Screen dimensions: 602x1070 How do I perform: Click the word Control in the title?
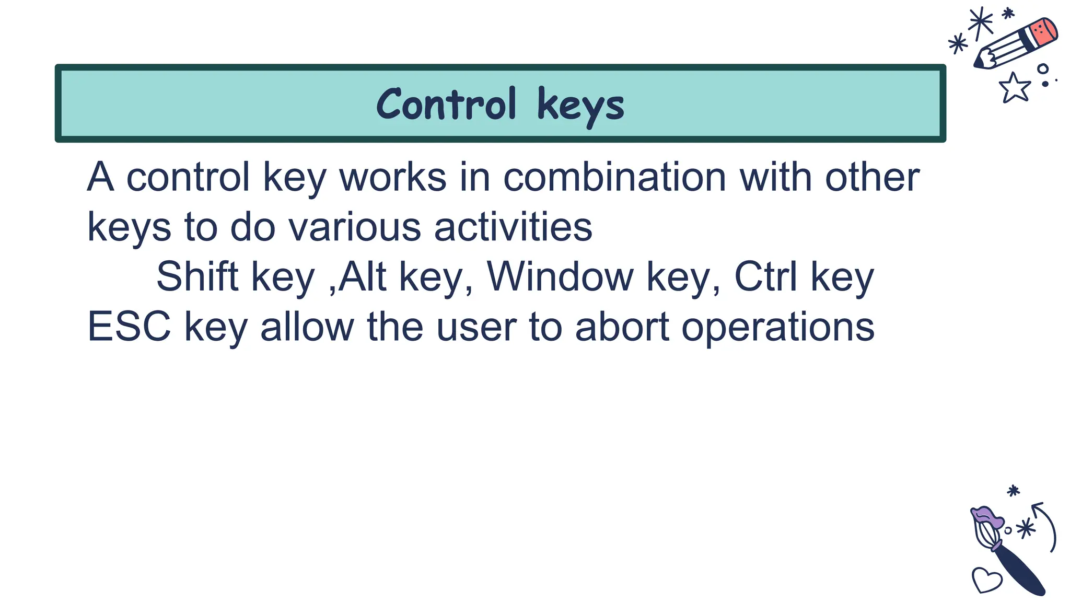click(446, 105)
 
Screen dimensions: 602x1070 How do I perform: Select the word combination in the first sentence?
click(614, 177)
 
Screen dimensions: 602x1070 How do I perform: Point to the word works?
click(393, 177)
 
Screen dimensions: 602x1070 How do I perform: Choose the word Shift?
click(197, 276)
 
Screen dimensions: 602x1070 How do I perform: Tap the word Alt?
click(363, 276)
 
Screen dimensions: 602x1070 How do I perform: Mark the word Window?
click(560, 276)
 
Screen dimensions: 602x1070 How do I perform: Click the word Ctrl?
click(766, 276)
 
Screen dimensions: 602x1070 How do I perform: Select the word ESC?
click(129, 327)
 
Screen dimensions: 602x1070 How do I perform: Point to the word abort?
click(622, 327)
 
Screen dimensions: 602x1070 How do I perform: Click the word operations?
click(778, 327)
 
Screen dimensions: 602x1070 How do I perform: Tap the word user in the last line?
click(476, 327)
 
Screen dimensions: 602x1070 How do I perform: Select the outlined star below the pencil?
click(1014, 87)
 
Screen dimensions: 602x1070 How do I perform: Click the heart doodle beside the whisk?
click(986, 580)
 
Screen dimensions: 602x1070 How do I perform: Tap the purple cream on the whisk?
click(987, 517)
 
